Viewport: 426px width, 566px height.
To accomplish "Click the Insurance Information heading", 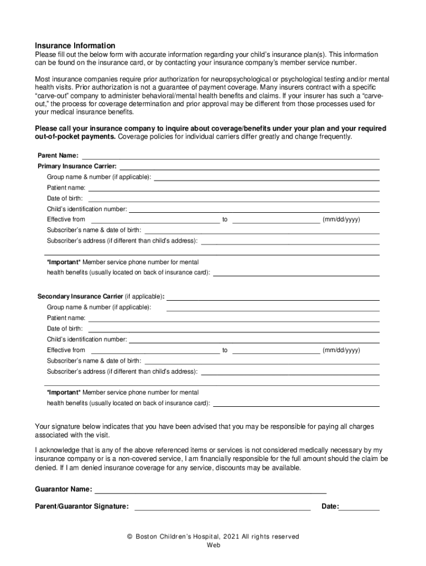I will point(75,45).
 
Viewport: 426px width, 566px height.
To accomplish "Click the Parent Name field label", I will point(58,156).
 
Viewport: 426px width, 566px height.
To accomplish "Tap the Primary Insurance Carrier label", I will point(77,166).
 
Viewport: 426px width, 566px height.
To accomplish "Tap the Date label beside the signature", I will point(330,506).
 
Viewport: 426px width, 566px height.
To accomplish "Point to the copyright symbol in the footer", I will point(129,537).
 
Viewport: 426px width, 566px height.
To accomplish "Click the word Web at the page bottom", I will point(214,545).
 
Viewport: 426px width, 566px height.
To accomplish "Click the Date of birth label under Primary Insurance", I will point(65,198).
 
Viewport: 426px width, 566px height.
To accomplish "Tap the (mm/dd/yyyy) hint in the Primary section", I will point(341,219).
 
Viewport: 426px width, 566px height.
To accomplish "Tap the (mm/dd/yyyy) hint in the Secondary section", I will point(341,350).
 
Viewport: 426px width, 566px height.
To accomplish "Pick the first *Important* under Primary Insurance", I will point(64,262).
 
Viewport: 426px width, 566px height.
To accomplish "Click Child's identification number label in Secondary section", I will point(87,339).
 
